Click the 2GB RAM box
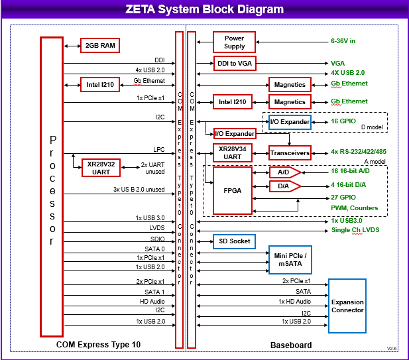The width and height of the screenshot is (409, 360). (100, 46)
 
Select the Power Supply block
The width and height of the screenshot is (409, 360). (234, 42)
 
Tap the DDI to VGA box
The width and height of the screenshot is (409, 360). (234, 64)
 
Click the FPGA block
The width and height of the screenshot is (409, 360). (233, 190)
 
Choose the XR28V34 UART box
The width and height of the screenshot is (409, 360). (233, 152)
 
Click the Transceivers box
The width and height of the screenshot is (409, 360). (290, 152)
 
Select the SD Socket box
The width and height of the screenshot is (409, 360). (233, 241)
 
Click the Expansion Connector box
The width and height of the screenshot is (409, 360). (347, 306)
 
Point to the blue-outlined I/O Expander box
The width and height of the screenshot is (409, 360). (290, 123)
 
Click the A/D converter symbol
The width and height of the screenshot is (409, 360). (284, 172)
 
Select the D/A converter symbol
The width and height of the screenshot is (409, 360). (284, 186)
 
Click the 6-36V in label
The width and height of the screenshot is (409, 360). (343, 41)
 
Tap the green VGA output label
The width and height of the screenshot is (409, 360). (337, 64)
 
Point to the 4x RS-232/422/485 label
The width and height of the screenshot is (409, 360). (359, 152)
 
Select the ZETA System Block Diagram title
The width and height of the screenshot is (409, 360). (204, 10)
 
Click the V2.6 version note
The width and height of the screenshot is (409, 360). (392, 348)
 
